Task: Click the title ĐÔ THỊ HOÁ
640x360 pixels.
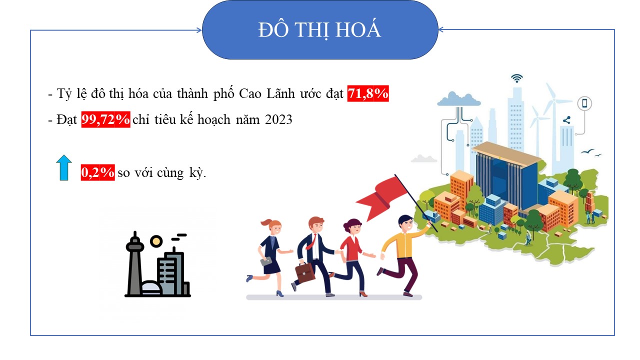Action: [319, 29]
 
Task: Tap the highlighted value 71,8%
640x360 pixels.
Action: [368, 93]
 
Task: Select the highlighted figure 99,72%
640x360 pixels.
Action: [105, 119]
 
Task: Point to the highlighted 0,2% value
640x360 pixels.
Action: [97, 172]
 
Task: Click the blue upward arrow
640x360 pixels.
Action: [64, 167]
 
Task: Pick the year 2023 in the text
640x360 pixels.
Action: [278, 119]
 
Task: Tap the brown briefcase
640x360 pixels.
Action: [305, 272]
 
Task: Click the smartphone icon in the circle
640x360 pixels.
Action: [584, 103]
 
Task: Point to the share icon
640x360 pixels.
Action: [567, 120]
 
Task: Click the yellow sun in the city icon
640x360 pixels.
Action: [156, 241]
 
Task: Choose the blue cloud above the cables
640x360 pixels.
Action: [459, 99]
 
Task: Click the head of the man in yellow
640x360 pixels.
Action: [405, 223]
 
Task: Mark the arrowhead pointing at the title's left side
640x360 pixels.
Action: [199, 30]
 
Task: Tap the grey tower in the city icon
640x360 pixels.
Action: [134, 263]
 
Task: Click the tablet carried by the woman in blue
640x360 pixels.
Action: [266, 261]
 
